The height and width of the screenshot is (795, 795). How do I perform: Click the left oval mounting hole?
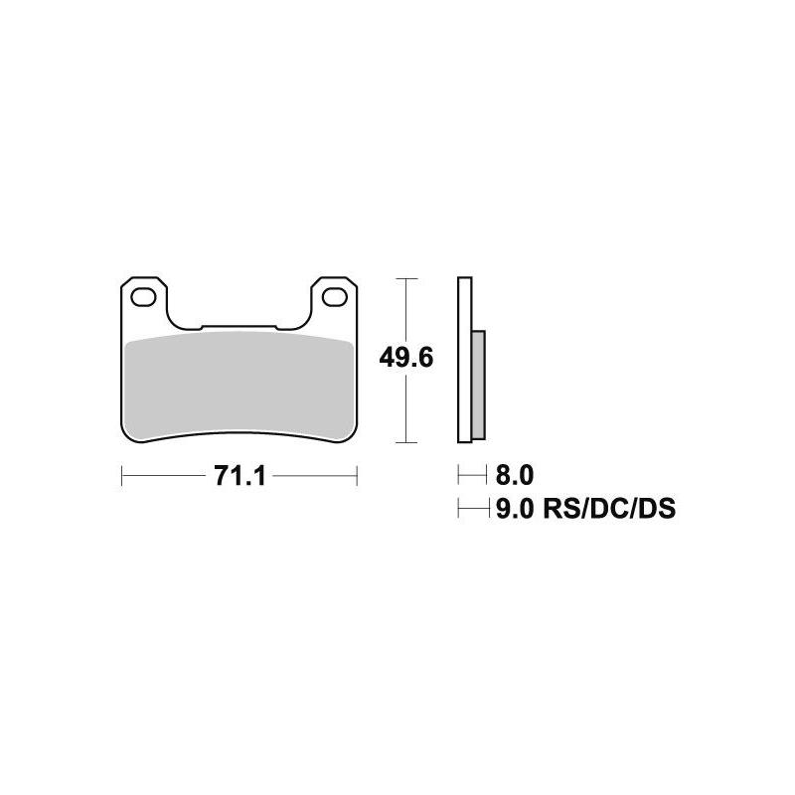pos(144,295)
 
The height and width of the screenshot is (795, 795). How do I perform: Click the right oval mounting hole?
pos(334,295)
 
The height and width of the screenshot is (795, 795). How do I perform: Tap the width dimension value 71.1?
pos(238,476)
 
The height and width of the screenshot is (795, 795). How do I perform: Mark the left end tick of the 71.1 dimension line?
pos(121,476)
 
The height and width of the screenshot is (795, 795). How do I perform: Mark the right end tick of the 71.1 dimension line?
pos(356,476)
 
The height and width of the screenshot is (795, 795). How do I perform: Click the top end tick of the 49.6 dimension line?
pos(405,279)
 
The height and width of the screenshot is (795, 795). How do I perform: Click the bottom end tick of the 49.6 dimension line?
pos(405,441)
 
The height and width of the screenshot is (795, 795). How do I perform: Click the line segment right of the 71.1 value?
pos(313,476)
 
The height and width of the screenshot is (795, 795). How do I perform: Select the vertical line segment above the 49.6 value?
pos(405,308)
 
